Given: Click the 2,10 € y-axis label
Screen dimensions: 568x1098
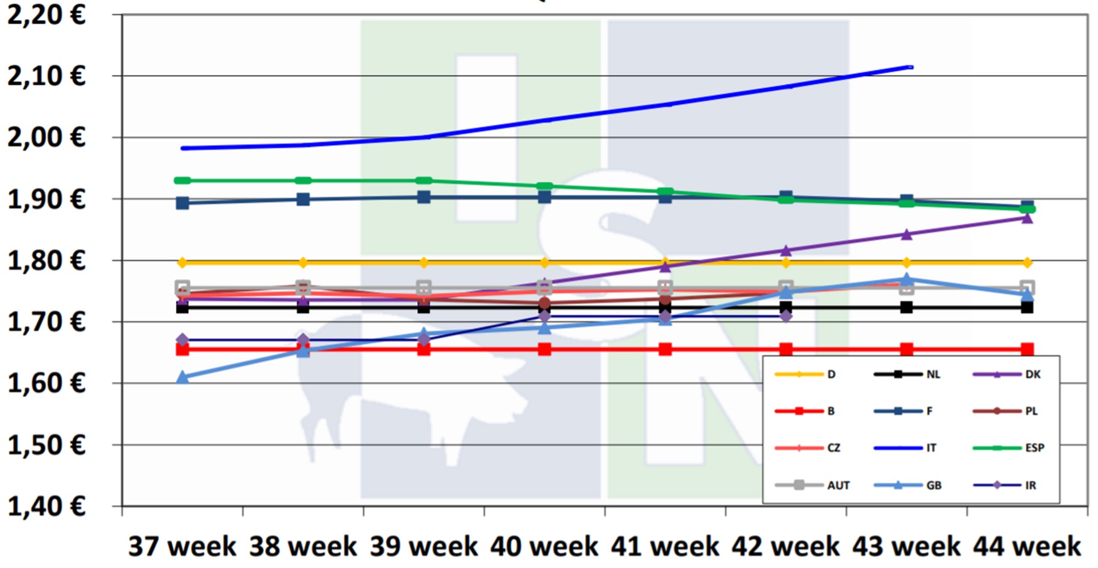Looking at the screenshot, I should pos(46,76).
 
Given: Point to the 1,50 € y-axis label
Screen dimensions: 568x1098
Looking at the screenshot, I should pos(46,445).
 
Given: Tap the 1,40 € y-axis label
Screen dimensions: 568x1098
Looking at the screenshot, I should pos(46,506).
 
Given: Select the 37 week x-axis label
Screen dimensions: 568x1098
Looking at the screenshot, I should pos(182,546).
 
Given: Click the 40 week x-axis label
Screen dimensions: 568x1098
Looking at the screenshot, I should pos(544,546).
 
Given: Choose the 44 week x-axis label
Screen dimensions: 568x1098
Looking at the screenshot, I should pos(1027,546).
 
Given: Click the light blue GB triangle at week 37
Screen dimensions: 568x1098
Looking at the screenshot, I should pos(182,377).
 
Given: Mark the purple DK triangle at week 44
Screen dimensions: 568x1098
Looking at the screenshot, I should pos(1027,218).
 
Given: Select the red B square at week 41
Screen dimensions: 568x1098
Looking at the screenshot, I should pos(665,349).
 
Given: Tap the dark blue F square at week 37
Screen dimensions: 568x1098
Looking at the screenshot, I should pos(182,203).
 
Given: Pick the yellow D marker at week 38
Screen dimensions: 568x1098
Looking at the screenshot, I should pos(303,262).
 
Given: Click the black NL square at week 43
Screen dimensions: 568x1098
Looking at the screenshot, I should pos(906,307).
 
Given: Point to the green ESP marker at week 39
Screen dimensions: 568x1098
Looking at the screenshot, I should pos(423,181).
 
